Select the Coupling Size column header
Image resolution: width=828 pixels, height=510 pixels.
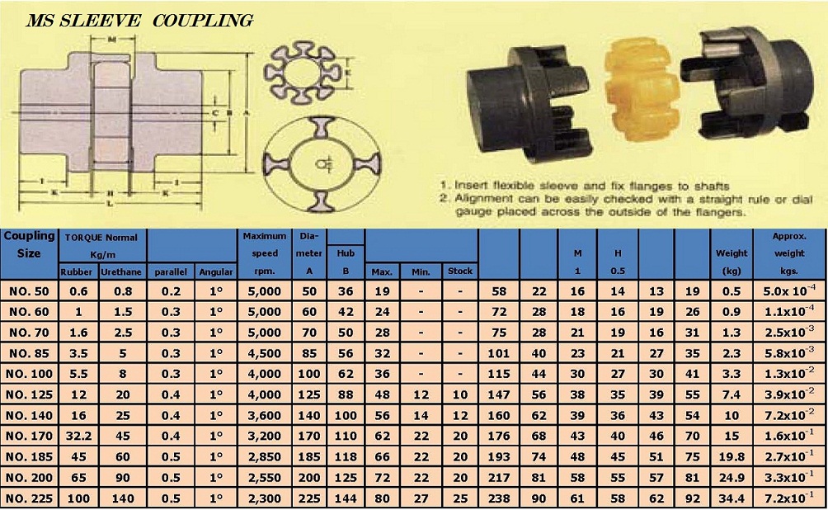[29, 244]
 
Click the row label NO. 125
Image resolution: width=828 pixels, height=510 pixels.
[30, 394]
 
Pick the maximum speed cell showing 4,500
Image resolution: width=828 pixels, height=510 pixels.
[265, 353]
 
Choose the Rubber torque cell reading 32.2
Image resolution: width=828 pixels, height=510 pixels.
[78, 436]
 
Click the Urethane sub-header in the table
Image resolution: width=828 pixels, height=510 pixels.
[121, 272]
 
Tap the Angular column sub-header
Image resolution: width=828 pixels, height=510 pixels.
[216, 272]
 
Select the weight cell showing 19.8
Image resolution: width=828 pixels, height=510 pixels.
[732, 456]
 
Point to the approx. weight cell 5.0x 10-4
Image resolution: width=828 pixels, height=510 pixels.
[789, 290]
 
